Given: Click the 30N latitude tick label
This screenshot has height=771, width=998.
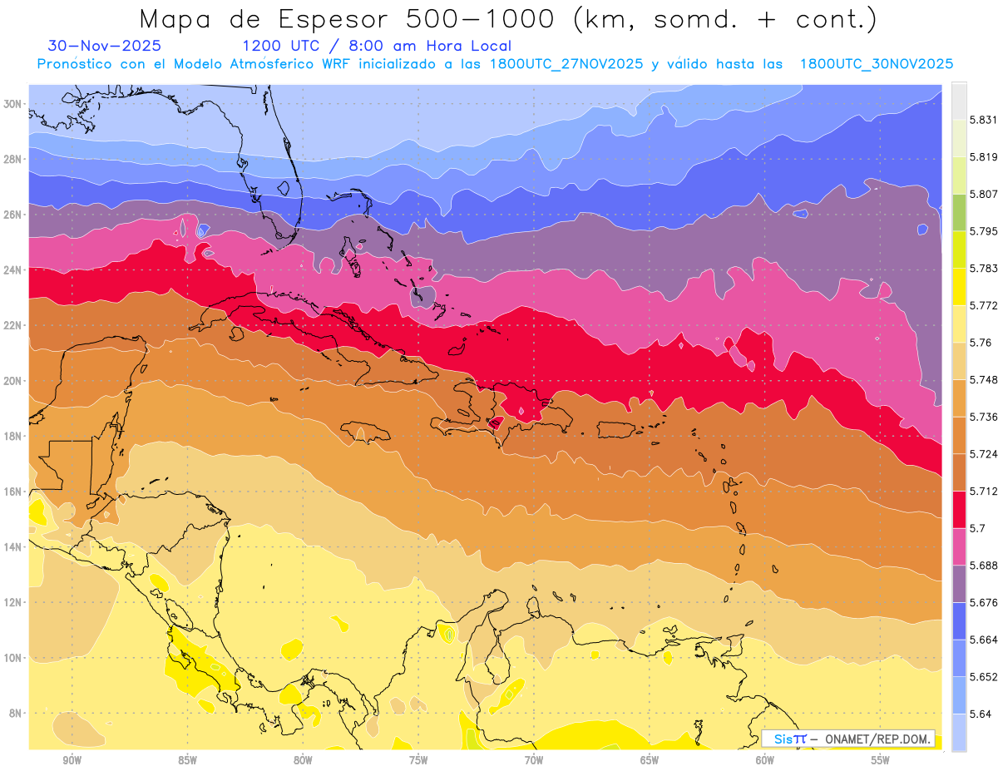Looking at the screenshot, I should click(12, 104).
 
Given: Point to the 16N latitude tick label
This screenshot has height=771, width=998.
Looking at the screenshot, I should click(12, 492).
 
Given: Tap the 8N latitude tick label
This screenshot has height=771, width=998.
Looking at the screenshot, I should click(14, 714).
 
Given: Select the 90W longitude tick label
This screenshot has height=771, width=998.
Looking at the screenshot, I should click(72, 759).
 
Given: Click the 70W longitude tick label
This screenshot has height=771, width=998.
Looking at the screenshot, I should click(534, 759).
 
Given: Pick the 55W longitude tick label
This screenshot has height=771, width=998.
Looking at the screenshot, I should click(881, 759).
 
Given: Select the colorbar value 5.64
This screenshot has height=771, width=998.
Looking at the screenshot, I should click(979, 714).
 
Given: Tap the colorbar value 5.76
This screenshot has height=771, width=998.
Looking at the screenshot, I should click(979, 343).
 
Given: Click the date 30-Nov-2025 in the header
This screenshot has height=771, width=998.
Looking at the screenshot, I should click(105, 47).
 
